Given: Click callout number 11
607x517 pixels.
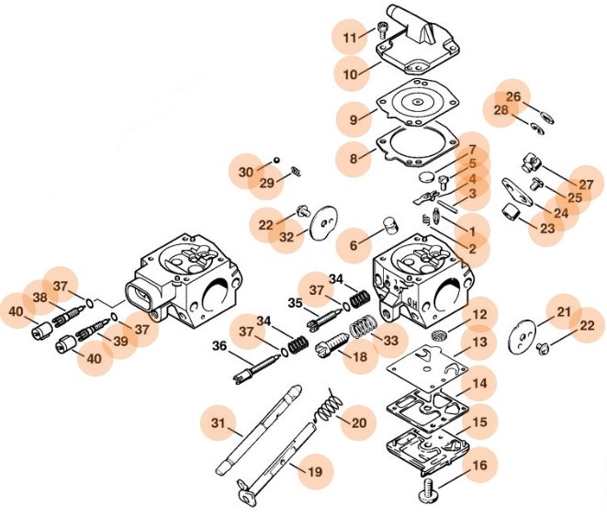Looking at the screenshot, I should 349,38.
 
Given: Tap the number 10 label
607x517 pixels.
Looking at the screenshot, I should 349,73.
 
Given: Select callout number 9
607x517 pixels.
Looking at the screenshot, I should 353,119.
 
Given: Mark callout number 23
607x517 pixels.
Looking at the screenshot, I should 547,229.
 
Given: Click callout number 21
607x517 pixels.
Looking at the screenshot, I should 564,312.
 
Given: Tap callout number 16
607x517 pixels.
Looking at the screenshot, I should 478,466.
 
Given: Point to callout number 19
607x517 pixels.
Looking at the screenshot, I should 314,472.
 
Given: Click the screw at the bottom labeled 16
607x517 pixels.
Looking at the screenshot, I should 429,491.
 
